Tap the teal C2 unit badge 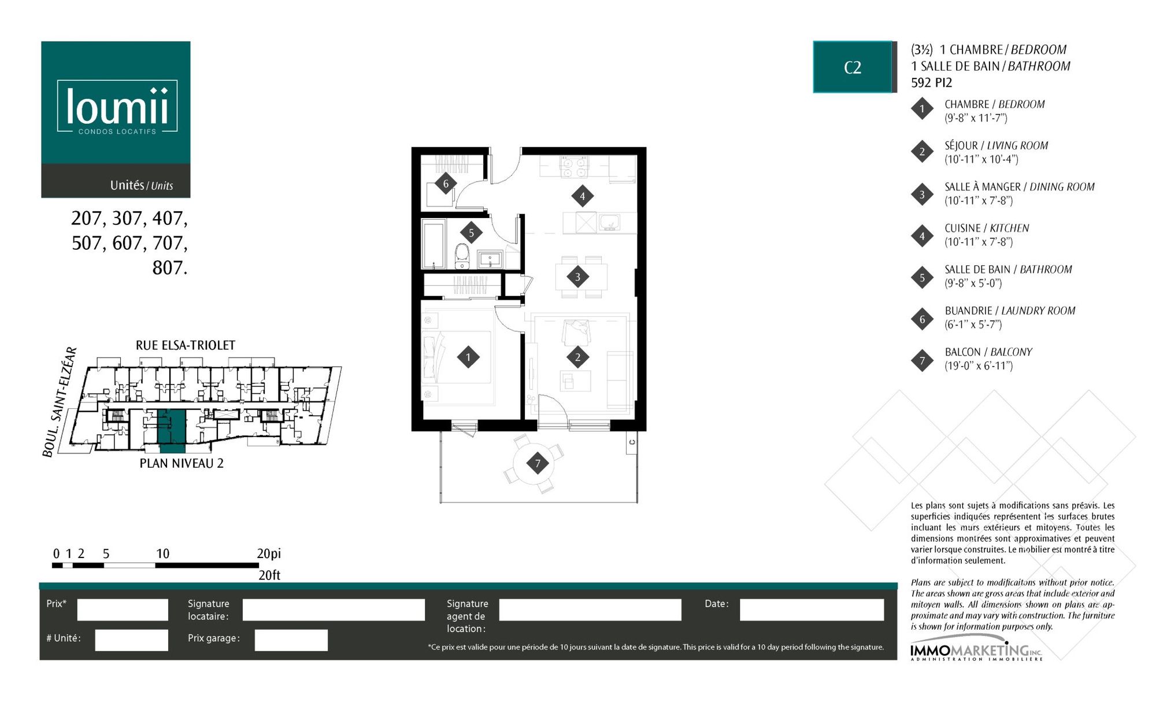853,67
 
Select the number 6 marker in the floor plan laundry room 446,184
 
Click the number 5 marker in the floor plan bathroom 471,233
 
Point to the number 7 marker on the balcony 538,463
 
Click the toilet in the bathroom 462,256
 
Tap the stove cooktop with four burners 574,167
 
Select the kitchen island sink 609,223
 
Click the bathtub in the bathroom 433,243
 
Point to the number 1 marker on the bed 468,357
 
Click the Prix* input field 123,609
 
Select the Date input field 812,609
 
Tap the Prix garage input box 291,640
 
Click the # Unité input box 132,640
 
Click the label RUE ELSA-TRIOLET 186,345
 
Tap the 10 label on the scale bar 162,553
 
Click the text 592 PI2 932,83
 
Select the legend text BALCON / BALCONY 988,352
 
